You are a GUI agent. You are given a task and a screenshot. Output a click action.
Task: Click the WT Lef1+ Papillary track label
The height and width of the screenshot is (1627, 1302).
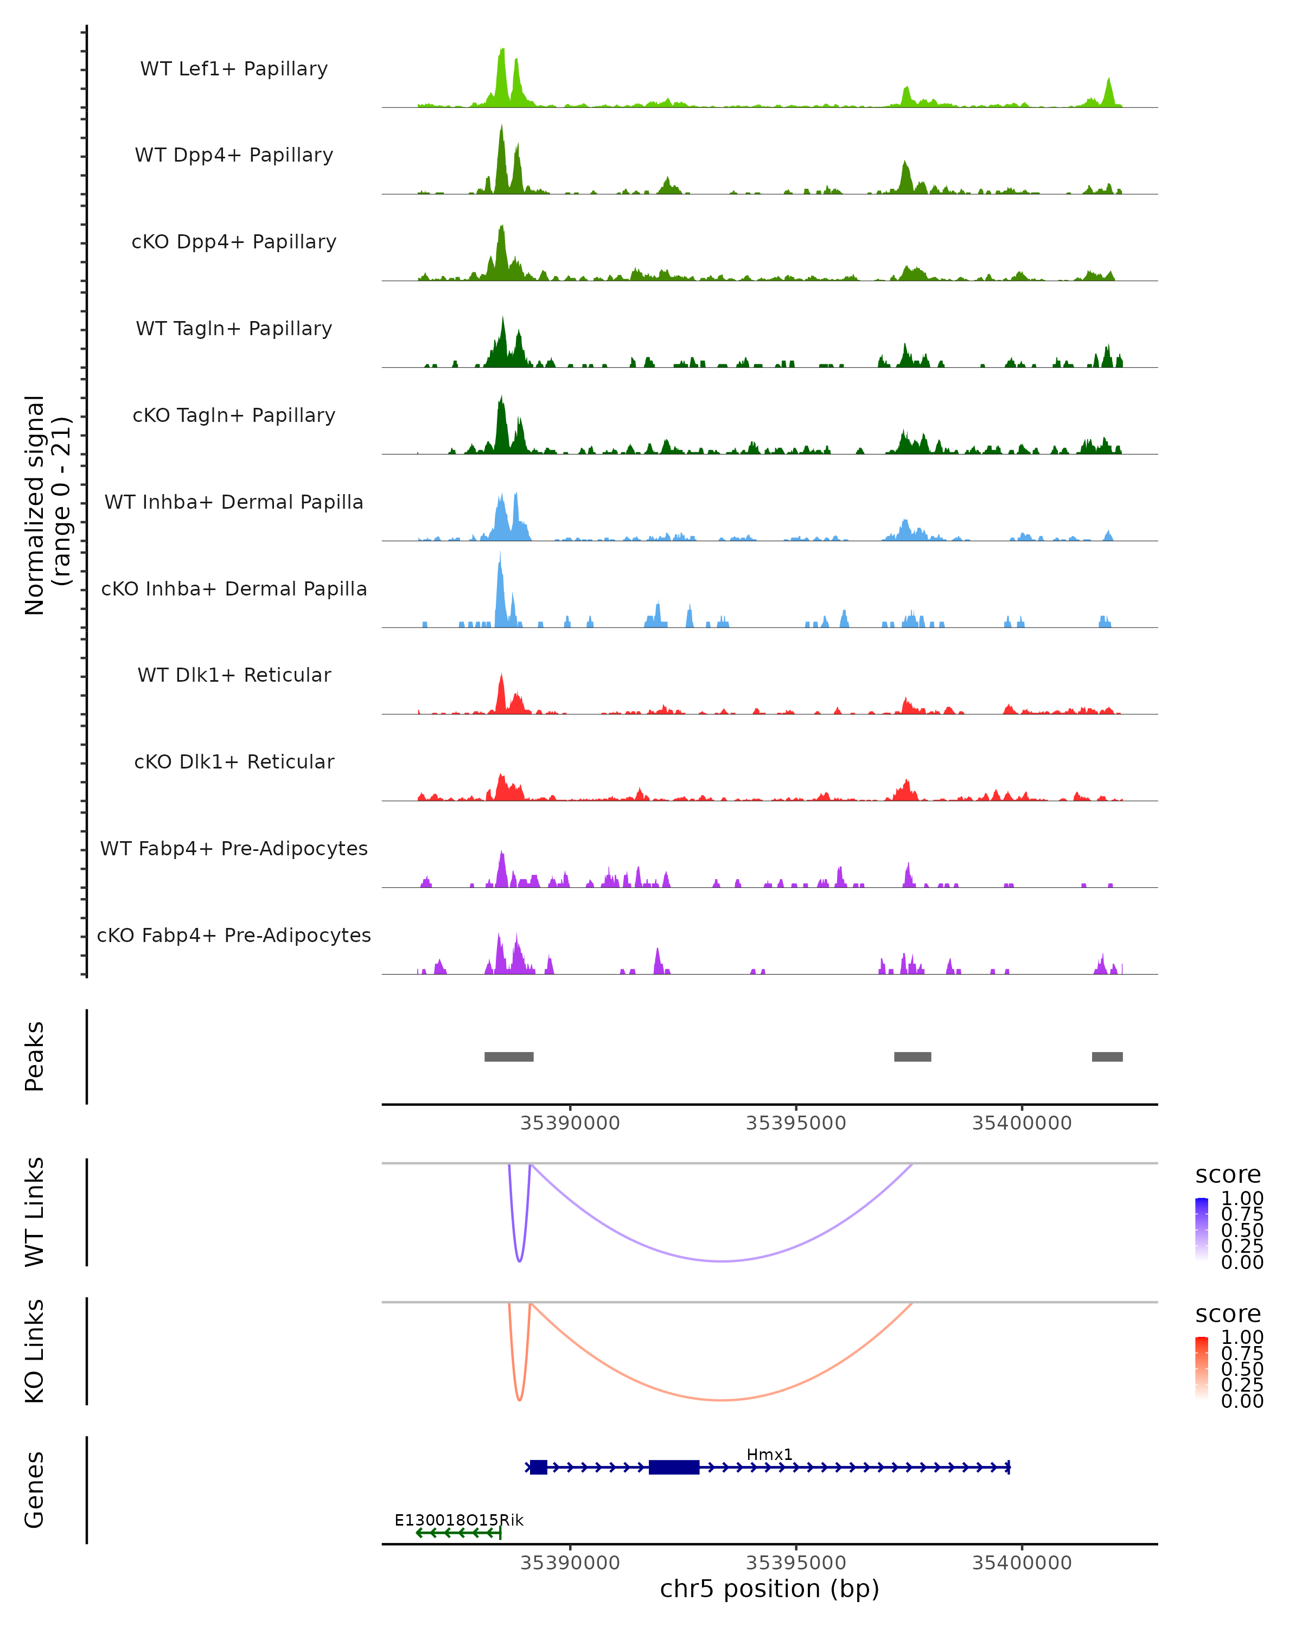234,69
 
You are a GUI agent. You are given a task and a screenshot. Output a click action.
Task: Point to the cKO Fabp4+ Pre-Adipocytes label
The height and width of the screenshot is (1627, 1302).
234,935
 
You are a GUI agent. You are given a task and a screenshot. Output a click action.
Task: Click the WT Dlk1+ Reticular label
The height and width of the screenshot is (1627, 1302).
234,675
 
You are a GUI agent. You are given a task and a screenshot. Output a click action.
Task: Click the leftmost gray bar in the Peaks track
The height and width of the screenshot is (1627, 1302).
509,1056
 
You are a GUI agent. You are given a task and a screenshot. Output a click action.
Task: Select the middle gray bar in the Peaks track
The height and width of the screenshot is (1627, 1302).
912,1056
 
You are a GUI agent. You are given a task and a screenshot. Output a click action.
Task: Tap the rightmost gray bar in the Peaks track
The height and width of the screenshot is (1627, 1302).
1107,1056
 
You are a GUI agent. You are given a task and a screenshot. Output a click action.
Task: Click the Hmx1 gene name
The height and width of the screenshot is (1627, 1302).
769,1454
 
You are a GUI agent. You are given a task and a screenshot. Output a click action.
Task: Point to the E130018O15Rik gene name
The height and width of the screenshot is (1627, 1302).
459,1520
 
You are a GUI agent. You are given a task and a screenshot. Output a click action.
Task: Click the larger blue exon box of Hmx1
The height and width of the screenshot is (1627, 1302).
674,1467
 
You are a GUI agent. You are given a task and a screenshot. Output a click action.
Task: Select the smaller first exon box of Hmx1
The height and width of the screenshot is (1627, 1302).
538,1467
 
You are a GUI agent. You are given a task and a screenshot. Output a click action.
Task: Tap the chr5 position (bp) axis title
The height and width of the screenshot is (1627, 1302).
769,1588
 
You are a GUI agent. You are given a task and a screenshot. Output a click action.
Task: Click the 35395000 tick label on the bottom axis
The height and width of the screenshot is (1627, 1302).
795,1562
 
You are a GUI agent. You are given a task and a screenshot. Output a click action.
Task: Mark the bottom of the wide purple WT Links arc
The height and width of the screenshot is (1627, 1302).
722,1261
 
